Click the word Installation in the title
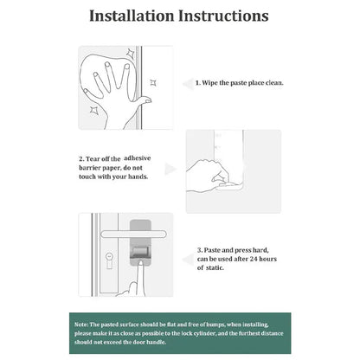point(132,16)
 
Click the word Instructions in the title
point(223,16)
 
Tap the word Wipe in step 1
point(209,83)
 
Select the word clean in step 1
point(274,83)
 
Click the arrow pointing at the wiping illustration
point(188,84)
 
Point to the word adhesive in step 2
point(138,158)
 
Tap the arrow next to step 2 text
point(170,169)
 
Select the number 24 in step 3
point(254,259)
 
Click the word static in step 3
point(215,267)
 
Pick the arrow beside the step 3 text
point(188,260)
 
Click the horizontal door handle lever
point(133,234)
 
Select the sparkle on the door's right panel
point(153,83)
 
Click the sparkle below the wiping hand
point(93,110)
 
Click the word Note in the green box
point(81,325)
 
